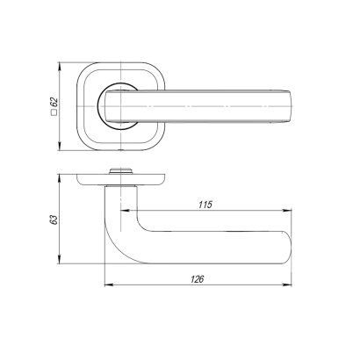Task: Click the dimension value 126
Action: [198, 278]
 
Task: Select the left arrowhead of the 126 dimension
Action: [108, 285]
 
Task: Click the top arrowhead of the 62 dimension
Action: [62, 64]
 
